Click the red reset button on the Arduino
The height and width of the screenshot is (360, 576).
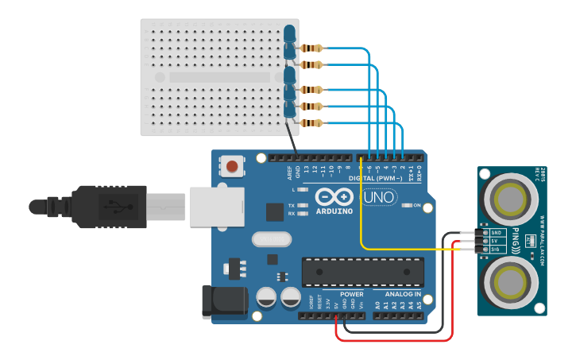[x=232, y=166]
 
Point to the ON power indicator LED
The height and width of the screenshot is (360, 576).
[x=405, y=205]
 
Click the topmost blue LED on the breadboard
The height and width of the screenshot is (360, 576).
[x=290, y=33]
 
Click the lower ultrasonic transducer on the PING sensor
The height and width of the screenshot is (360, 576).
[x=508, y=281]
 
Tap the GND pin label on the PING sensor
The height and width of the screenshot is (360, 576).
[x=493, y=233]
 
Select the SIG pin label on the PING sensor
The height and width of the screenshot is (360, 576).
[x=493, y=249]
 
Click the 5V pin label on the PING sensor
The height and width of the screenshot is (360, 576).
[x=493, y=241]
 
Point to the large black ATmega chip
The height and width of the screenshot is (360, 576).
[x=362, y=272]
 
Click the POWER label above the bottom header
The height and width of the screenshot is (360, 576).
[x=351, y=294]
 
